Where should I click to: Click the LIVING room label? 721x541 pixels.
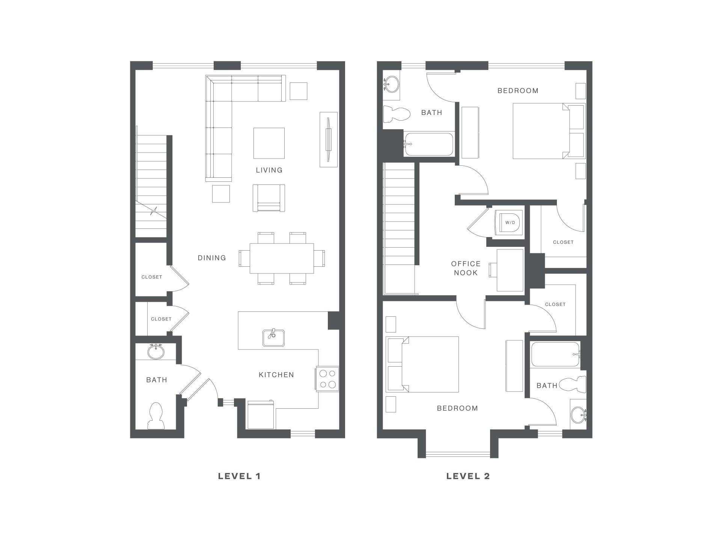click(x=269, y=170)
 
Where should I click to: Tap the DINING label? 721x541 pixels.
click(x=212, y=258)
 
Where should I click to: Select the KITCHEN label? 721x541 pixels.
click(x=276, y=375)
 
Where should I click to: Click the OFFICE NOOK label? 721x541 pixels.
click(x=466, y=268)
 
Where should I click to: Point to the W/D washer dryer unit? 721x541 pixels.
click(x=509, y=222)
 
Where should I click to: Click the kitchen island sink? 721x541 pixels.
click(x=273, y=338)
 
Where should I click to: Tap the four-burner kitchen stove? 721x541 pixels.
click(x=327, y=379)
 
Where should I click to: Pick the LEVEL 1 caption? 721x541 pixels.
click(x=239, y=476)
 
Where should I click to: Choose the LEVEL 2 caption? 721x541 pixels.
click(x=468, y=476)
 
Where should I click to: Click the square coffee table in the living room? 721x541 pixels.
click(x=269, y=143)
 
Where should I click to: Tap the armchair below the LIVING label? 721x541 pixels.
click(x=268, y=198)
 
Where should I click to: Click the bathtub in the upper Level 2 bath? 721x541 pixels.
click(x=428, y=144)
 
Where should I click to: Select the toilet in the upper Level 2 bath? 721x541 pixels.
click(x=397, y=114)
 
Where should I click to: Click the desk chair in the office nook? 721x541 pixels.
click(x=493, y=270)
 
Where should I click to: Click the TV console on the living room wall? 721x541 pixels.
click(x=329, y=139)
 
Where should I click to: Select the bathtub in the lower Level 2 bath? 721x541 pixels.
click(x=556, y=354)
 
